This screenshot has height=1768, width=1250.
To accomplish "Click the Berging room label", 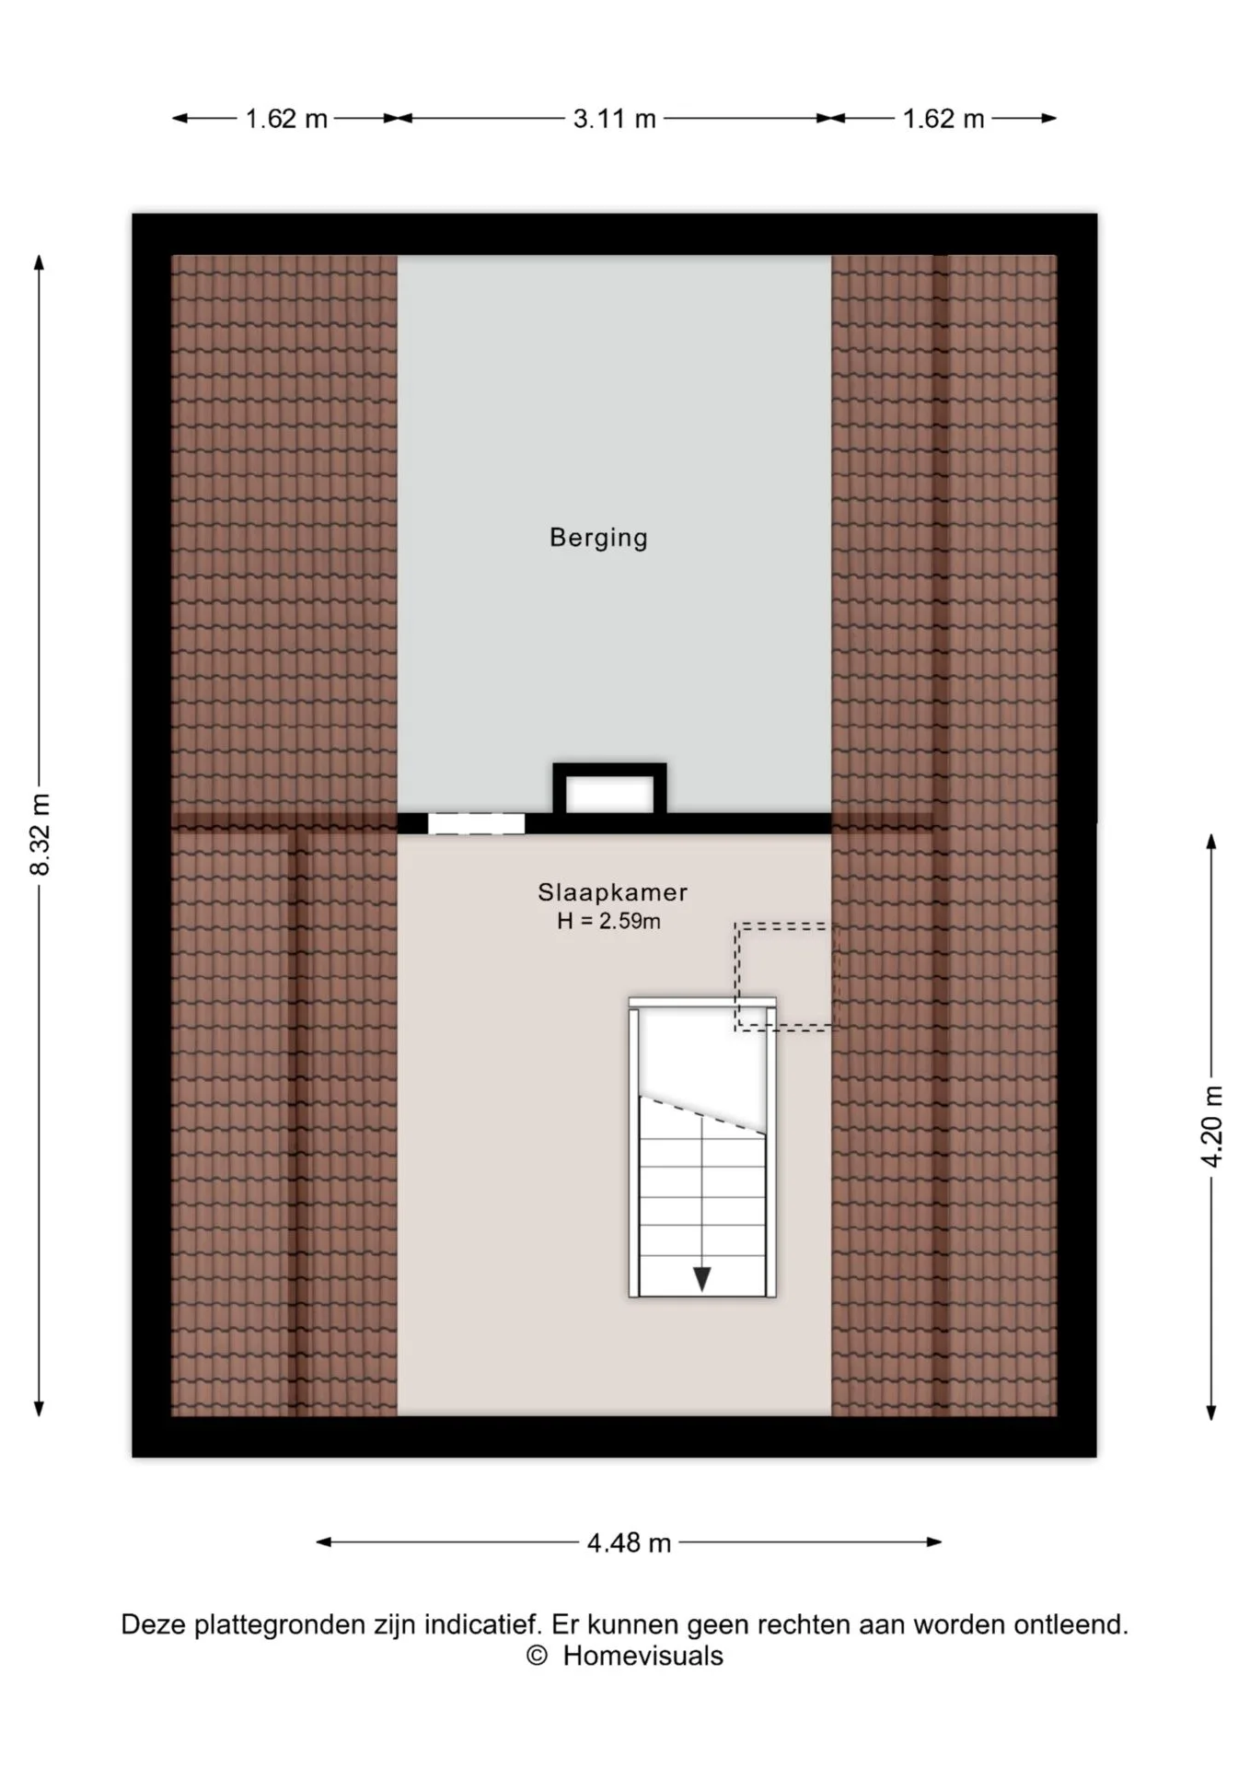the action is [x=598, y=538].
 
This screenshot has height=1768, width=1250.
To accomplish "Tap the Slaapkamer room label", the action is [x=613, y=892].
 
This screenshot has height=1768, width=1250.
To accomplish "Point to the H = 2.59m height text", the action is [x=608, y=921].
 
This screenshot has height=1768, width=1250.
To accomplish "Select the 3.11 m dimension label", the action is [x=614, y=119].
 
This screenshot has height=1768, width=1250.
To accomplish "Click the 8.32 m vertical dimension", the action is [x=41, y=834].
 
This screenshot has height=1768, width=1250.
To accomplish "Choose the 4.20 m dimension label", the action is [x=1212, y=1126].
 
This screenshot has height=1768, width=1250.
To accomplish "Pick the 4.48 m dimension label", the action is [x=629, y=1542].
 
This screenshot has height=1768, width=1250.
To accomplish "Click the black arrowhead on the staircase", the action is [x=701, y=1278].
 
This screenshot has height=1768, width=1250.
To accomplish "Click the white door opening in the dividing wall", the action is [x=476, y=823].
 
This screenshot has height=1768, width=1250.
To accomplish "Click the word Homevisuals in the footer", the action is [x=642, y=1656].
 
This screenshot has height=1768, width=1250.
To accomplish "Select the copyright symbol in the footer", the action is [x=537, y=1656].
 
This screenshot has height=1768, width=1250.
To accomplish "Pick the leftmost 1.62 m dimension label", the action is [x=286, y=119].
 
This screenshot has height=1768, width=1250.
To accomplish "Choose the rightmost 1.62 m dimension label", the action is [x=943, y=119].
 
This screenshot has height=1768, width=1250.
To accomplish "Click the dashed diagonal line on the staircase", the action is [x=703, y=1114].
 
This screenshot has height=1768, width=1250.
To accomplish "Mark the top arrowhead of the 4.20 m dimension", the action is [x=1211, y=842].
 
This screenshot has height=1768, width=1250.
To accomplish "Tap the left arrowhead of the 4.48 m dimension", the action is [x=324, y=1541].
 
